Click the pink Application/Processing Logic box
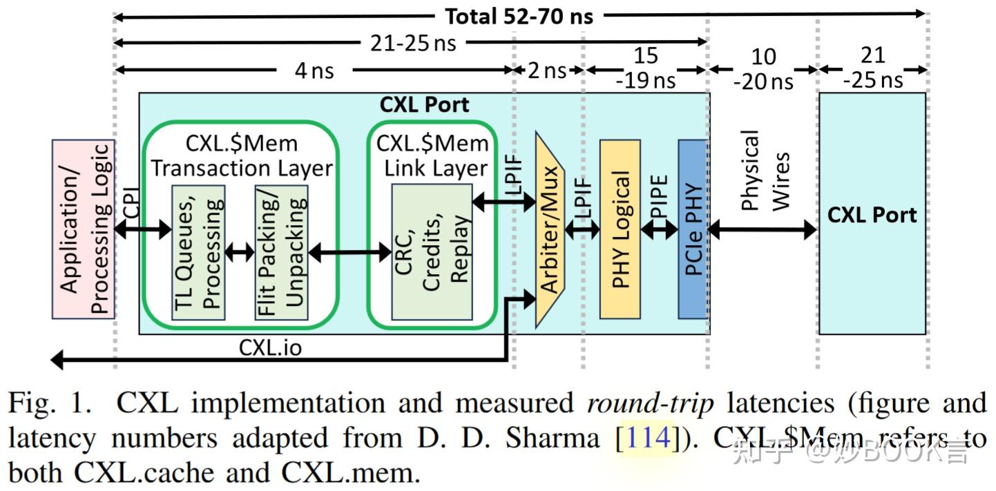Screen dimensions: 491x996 (x=83, y=229)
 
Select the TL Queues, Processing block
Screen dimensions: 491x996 (x=198, y=252)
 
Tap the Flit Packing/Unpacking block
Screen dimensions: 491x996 (x=281, y=252)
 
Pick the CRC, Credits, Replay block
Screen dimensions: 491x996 (x=432, y=252)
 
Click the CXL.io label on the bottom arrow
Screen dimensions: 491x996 (x=270, y=347)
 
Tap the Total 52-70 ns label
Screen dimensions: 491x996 (x=518, y=15)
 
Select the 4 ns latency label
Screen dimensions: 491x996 (x=314, y=70)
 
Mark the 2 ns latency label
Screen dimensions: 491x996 (x=546, y=70)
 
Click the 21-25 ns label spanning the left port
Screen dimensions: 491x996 (x=413, y=43)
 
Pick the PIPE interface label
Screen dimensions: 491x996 (x=660, y=197)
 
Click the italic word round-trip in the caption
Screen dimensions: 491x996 (x=649, y=403)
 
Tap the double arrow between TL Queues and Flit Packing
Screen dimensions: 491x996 (x=240, y=252)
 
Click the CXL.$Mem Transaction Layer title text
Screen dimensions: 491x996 (x=241, y=155)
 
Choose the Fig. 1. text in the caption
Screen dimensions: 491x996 (x=50, y=403)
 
